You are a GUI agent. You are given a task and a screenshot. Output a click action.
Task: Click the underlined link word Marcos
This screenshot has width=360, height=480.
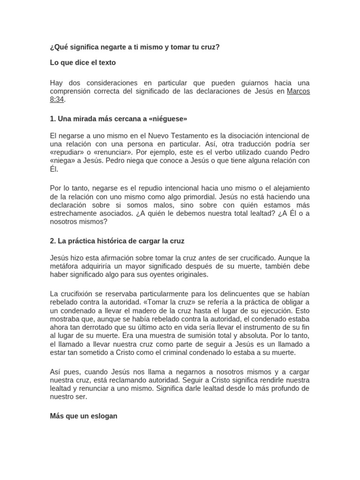tap(298, 91)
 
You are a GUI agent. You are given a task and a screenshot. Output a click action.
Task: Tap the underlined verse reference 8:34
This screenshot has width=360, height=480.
tap(57, 99)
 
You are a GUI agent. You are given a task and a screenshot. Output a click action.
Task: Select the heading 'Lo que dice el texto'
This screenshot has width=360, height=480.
tap(83, 62)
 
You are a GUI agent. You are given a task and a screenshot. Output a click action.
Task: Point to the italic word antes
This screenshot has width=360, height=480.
tap(207, 258)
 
